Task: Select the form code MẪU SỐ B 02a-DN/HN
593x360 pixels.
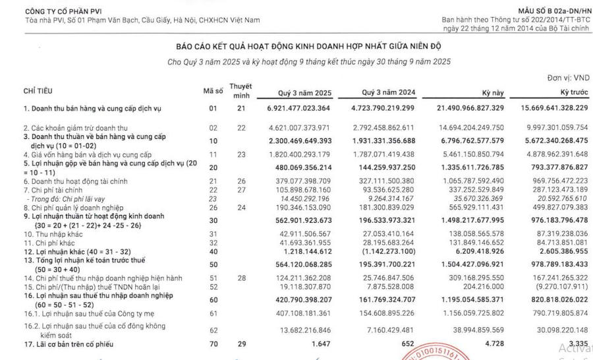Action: coord(551,13)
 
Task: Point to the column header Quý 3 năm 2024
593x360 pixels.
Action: coord(387,93)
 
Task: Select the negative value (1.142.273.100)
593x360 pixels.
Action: coord(391,253)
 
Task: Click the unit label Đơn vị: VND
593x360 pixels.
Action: coord(568,78)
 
